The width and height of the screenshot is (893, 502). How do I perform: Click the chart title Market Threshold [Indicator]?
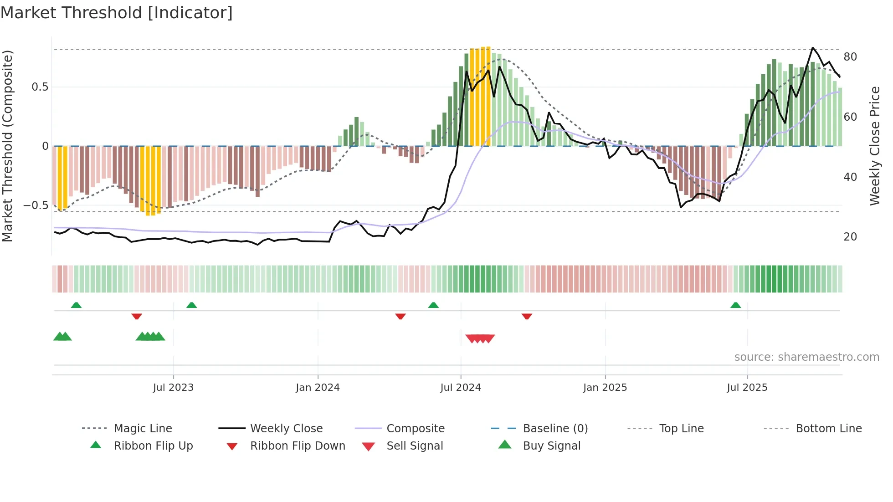coord(117,13)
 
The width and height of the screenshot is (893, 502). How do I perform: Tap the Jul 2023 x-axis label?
coord(173,388)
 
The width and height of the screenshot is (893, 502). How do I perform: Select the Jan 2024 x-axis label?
coord(318,388)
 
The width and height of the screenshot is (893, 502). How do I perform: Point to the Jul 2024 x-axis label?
coord(461,388)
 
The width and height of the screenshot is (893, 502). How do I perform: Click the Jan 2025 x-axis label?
coord(605,388)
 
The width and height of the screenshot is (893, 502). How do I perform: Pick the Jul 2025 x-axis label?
coord(747,388)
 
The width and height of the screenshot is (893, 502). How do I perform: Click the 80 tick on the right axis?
coord(850,57)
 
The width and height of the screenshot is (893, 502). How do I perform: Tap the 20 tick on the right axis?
coord(850,237)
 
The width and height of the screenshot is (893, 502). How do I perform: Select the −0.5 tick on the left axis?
coord(36,205)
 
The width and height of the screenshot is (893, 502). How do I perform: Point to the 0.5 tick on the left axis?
coord(40,87)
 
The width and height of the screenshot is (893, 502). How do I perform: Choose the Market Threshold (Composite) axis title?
coord(7,146)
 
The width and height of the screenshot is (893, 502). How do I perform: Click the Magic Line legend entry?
coord(143,429)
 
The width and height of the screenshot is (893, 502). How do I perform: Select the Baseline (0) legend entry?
coord(555,429)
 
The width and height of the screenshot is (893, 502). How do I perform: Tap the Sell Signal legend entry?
coord(415,446)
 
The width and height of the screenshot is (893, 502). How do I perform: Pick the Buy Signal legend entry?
coord(551,446)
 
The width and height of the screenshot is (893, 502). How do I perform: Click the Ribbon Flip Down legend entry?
coord(298,446)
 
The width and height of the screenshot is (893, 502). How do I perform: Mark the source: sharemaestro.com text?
coord(806,357)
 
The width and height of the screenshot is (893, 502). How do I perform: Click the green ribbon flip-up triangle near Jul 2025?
coord(735,305)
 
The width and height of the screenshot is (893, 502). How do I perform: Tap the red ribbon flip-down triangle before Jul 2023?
coord(137,316)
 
